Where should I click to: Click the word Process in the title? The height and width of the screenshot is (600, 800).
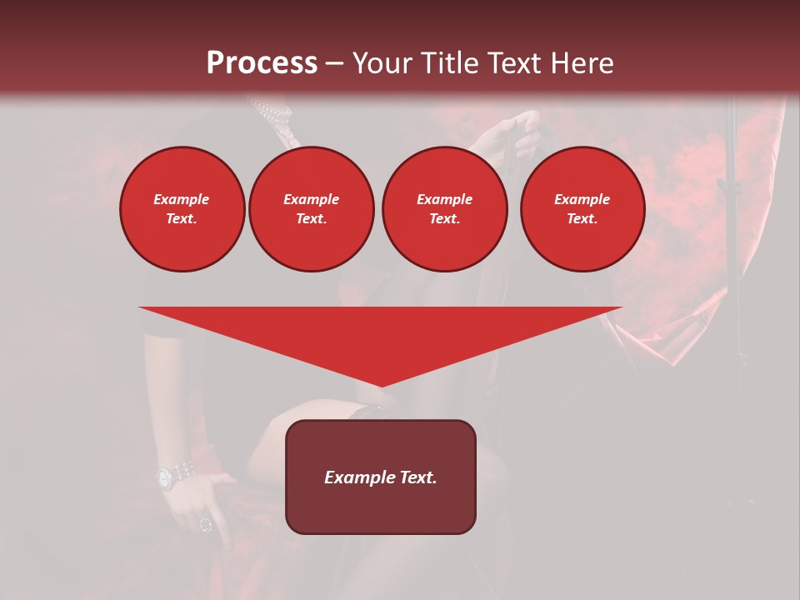pos(262,63)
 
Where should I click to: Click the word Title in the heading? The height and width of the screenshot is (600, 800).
pos(450,63)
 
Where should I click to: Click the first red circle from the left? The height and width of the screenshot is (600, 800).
pos(182,209)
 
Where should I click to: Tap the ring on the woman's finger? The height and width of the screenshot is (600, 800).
pos(205,524)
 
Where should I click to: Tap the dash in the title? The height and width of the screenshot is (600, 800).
pos(335,63)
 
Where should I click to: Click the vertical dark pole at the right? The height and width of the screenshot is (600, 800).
pos(734,250)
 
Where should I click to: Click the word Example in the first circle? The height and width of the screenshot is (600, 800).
pos(182,199)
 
